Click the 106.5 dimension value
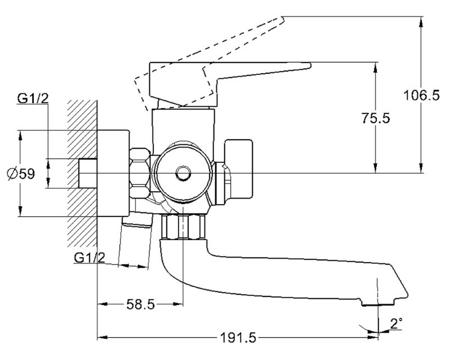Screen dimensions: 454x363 tap(421, 95)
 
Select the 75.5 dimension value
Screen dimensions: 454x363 tap(376, 118)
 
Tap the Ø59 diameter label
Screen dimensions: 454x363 tap(21, 174)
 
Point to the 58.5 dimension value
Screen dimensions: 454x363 tap(140, 304)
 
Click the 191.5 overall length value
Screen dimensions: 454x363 tap(239, 338)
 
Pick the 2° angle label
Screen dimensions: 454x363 tap(397, 324)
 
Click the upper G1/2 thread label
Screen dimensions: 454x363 tap(33, 99)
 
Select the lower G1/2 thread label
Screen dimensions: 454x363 tap(90, 257)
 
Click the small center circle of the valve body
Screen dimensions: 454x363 tap(183, 174)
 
